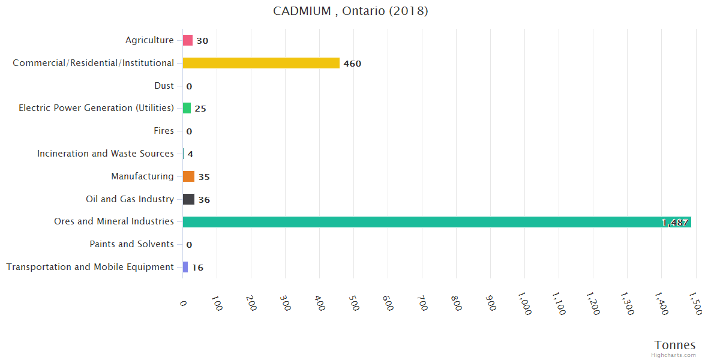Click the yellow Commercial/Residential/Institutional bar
coord(261,63)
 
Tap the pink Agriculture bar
coord(188,40)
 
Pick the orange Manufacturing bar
coord(188,176)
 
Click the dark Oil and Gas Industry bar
coord(188,199)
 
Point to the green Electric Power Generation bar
coord(187,108)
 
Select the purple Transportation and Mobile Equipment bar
coord(185,267)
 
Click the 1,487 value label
coord(675,223)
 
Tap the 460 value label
coord(352,64)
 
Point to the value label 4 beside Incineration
coord(190,154)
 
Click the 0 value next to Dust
coord(189,86)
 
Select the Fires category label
coord(164,131)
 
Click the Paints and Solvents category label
coord(131,244)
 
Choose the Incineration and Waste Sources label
coord(106,154)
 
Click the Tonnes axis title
coord(675,345)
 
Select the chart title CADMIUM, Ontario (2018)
coord(350,11)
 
